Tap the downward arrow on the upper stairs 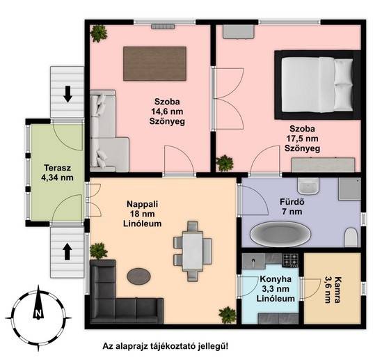(x=67, y=94)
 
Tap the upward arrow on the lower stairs (x=67, y=252)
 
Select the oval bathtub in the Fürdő (x=280, y=234)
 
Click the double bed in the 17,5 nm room (x=317, y=85)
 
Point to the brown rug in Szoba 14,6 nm (x=154, y=63)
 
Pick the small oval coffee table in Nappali (x=138, y=276)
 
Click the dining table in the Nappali (x=193, y=251)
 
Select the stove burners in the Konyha (x=290, y=260)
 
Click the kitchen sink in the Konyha (x=253, y=261)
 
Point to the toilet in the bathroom (x=351, y=237)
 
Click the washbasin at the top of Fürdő (x=308, y=186)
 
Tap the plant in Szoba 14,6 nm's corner (x=99, y=33)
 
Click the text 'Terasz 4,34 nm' (x=58, y=173)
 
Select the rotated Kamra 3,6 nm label (x=333, y=290)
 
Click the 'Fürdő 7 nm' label (x=292, y=207)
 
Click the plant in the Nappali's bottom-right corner (x=228, y=315)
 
